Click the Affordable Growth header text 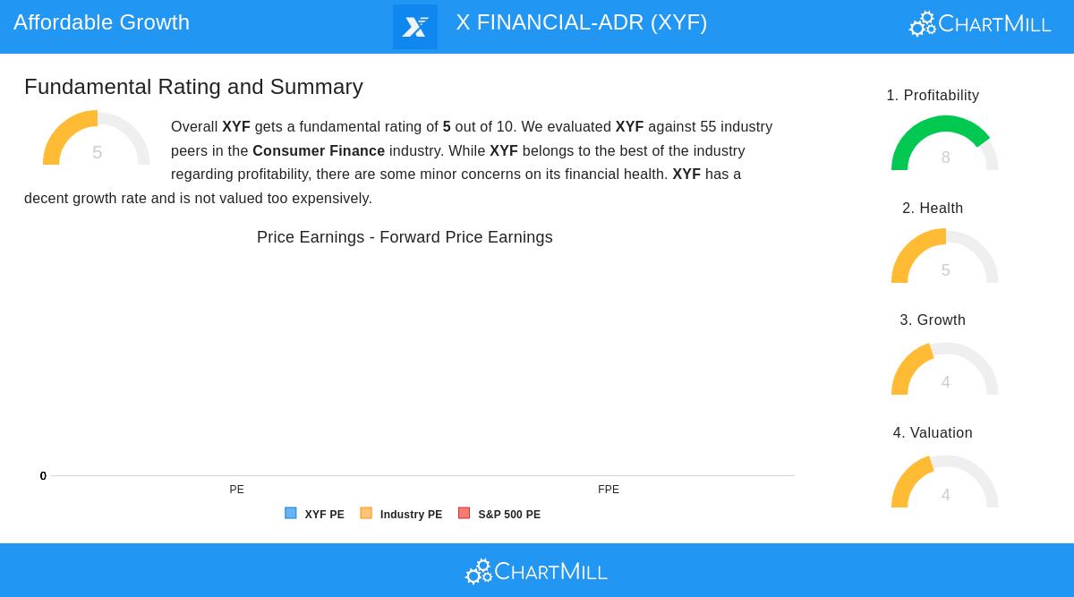[101, 22]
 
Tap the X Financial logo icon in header [415, 27]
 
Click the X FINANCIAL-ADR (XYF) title [581, 22]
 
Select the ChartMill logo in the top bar [980, 24]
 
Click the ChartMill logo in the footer [536, 571]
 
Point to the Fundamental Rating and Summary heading [193, 87]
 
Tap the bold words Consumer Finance [319, 150]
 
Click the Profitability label [933, 96]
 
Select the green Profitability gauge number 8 [945, 158]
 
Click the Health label [933, 209]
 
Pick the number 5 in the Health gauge [945, 270]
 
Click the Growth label [933, 320]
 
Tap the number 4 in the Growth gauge [945, 382]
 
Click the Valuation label [933, 433]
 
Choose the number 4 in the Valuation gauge [945, 495]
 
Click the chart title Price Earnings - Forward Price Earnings [405, 237]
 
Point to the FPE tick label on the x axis [609, 490]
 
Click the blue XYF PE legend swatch [291, 514]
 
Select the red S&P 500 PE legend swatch [464, 514]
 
